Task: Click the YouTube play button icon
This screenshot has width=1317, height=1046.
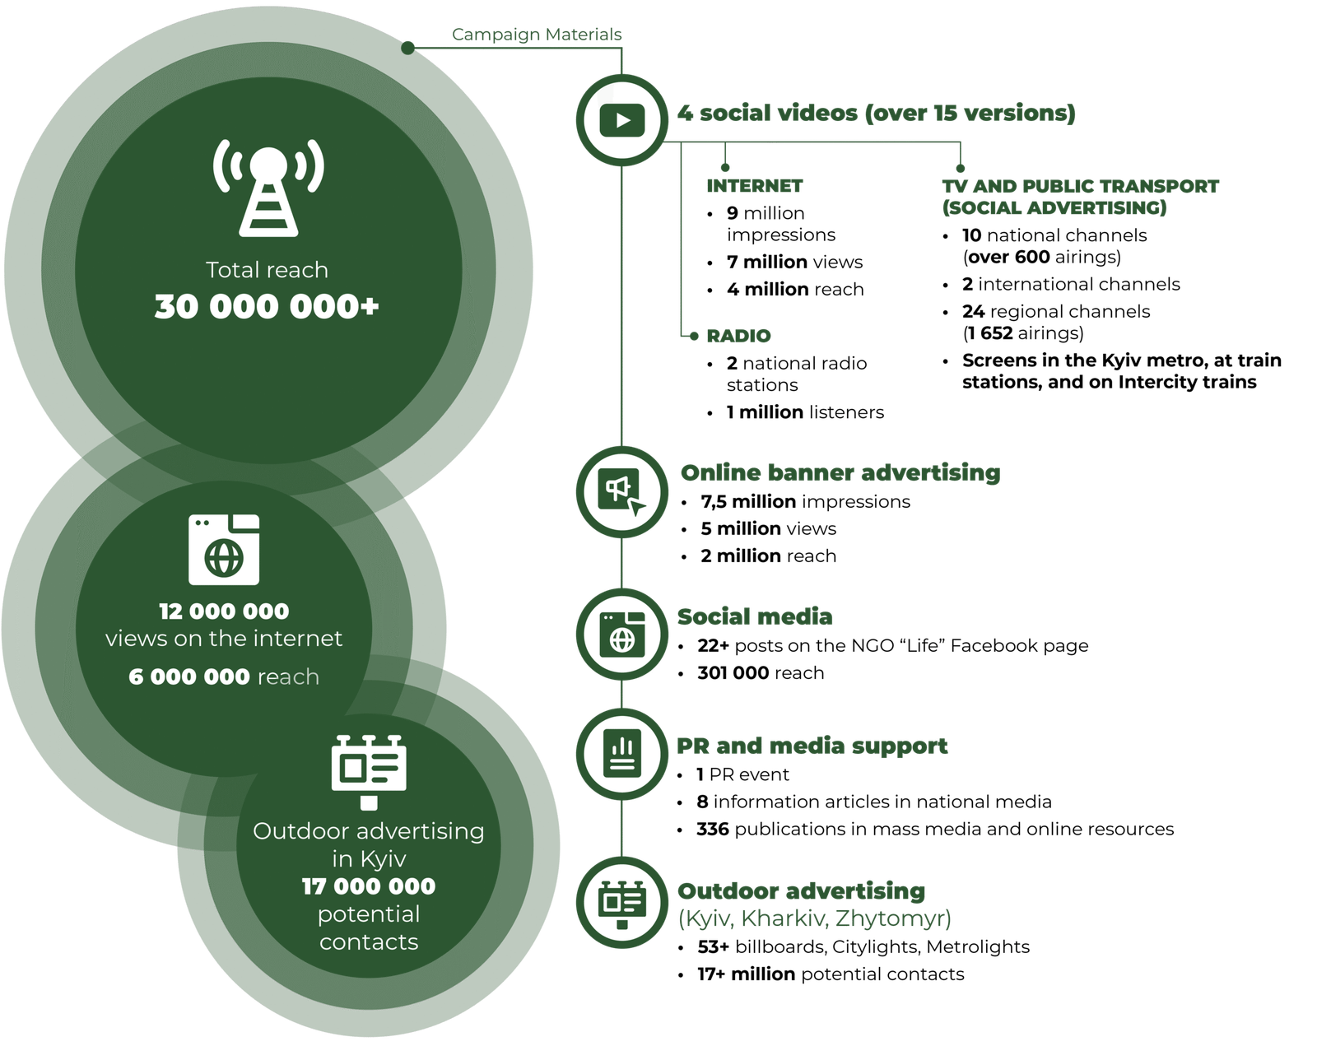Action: tap(621, 121)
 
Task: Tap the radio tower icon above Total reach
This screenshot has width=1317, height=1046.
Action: tap(268, 188)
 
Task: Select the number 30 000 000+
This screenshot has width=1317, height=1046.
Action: tap(267, 307)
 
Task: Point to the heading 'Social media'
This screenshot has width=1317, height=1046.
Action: tap(755, 616)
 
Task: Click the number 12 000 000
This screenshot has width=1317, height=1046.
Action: tap(224, 611)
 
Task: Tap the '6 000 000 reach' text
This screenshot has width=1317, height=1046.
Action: tap(224, 676)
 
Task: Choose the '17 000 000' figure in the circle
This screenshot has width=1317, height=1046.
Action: tap(369, 886)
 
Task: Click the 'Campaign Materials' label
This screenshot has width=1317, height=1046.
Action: tap(537, 35)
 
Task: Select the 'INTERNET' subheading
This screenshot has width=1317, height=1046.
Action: tap(754, 186)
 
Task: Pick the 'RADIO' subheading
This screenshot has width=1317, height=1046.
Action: tap(738, 336)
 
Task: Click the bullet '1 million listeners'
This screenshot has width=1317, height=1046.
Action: tap(805, 412)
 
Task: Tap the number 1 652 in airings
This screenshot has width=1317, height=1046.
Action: tap(988, 333)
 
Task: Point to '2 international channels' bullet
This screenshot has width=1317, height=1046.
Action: tap(1071, 285)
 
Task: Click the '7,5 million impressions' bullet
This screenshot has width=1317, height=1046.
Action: tap(805, 502)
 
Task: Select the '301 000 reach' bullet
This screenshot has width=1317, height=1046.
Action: tap(761, 673)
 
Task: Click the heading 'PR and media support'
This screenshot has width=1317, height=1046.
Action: tap(812, 746)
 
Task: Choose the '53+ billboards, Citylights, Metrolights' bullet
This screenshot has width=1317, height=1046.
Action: tap(863, 947)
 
